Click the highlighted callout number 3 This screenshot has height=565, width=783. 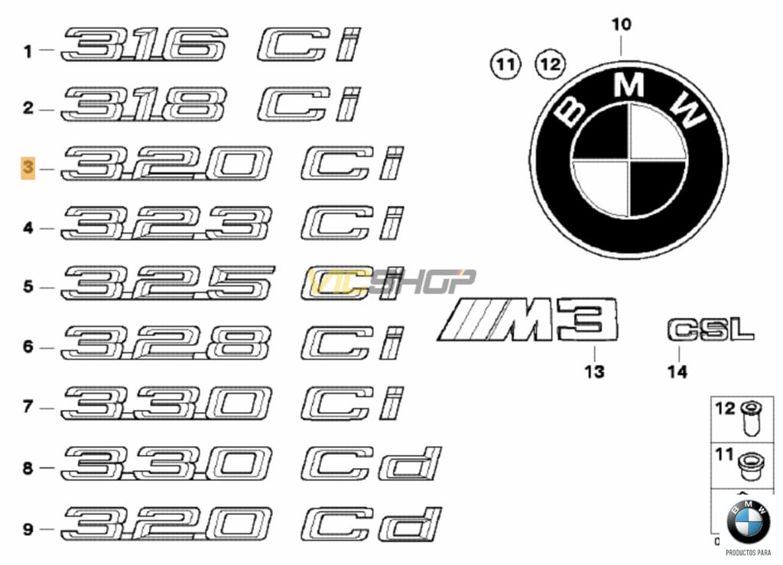28,167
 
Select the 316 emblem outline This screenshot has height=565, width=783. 144,45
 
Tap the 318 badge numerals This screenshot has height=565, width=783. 144,105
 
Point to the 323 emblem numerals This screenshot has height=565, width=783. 167,223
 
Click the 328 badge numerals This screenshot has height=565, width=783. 167,343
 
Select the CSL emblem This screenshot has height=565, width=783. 710,330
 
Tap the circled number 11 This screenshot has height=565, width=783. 505,64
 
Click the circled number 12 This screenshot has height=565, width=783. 551,64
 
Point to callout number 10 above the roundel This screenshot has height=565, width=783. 621,24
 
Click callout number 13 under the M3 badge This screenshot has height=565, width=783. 594,372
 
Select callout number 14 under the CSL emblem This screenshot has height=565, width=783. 677,372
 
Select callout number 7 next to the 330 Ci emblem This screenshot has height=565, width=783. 28,407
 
